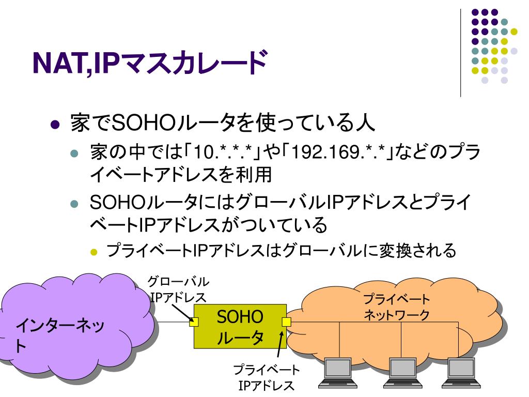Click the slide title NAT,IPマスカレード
[x=150, y=63]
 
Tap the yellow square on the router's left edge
[x=194, y=322]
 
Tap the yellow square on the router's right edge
[x=286, y=322]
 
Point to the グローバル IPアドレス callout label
[x=178, y=289]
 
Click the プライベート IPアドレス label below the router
[x=266, y=378]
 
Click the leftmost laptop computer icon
[x=339, y=372]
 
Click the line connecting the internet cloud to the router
[x=173, y=322]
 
